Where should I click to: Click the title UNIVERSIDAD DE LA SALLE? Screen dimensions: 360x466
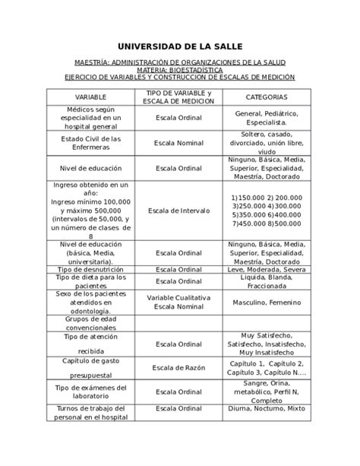(x=180, y=46)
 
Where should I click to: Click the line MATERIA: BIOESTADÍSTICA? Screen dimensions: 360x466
(x=180, y=69)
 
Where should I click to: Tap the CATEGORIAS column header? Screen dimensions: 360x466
(x=266, y=97)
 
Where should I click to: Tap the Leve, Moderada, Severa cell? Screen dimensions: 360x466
(x=266, y=270)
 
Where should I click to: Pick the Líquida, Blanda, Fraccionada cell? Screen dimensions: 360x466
(x=266, y=281)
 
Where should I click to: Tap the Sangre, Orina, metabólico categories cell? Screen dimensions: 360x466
(x=266, y=392)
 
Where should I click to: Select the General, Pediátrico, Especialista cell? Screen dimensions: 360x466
(x=266, y=117)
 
